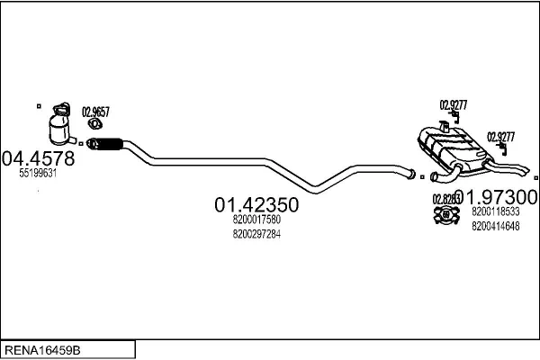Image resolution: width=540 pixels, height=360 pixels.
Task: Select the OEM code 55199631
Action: [x=38, y=175]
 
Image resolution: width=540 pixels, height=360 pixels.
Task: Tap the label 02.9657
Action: [x=95, y=112]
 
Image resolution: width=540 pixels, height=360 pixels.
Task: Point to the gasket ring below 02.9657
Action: [x=94, y=125]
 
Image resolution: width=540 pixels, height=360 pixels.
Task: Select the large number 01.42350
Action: [x=256, y=205]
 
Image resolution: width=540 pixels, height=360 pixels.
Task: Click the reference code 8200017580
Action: [x=256, y=220]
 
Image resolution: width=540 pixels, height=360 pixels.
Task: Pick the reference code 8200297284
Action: [x=256, y=234]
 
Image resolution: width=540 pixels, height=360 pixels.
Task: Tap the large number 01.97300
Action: [x=498, y=197]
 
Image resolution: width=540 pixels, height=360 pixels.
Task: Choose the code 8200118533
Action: [x=495, y=211]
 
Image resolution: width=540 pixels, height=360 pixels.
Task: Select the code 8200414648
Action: [x=495, y=226]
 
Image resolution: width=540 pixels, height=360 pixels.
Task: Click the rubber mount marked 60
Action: [x=444, y=214]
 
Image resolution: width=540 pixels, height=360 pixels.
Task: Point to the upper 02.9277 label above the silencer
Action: [x=453, y=104]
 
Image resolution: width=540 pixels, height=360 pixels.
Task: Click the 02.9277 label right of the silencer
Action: [x=500, y=137]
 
